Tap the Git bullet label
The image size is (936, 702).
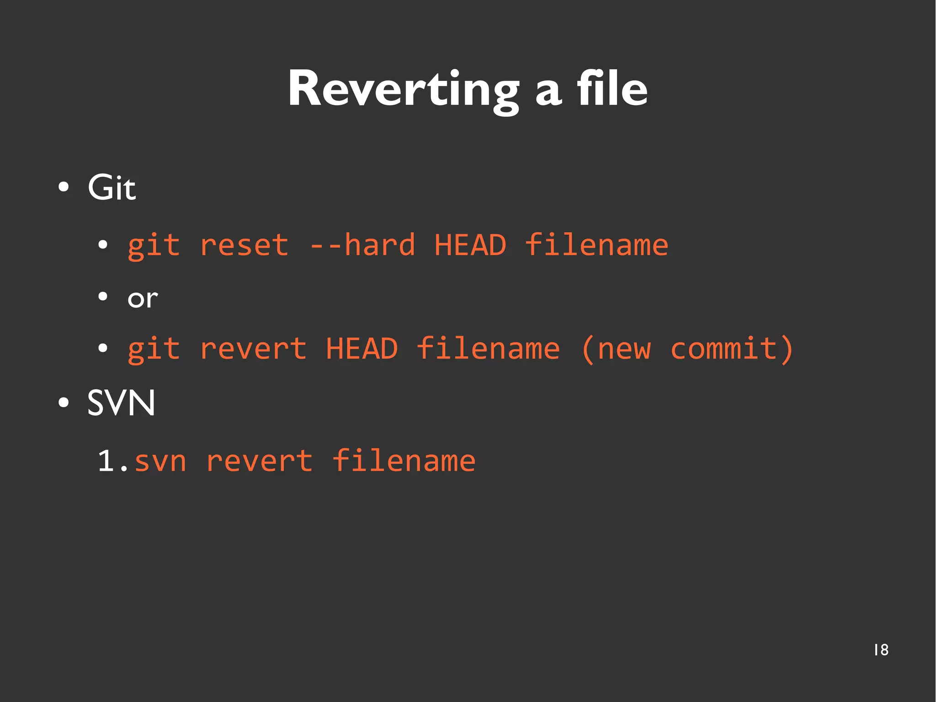tap(112, 188)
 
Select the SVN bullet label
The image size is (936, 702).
tap(121, 403)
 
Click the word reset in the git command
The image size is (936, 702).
tap(244, 245)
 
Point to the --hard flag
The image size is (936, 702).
tap(362, 245)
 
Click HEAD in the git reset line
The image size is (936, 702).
tap(470, 245)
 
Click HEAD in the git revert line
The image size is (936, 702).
tap(362, 349)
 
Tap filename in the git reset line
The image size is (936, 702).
tap(596, 245)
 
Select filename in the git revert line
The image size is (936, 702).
tap(488, 349)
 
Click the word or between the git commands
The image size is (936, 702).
tap(143, 299)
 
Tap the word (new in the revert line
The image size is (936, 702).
tap(616, 349)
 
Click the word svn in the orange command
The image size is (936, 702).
tap(160, 461)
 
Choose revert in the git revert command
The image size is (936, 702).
tap(253, 349)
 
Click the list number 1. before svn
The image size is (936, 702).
tap(112, 461)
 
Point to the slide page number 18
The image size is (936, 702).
tap(881, 650)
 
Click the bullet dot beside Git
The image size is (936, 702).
tap(64, 187)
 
